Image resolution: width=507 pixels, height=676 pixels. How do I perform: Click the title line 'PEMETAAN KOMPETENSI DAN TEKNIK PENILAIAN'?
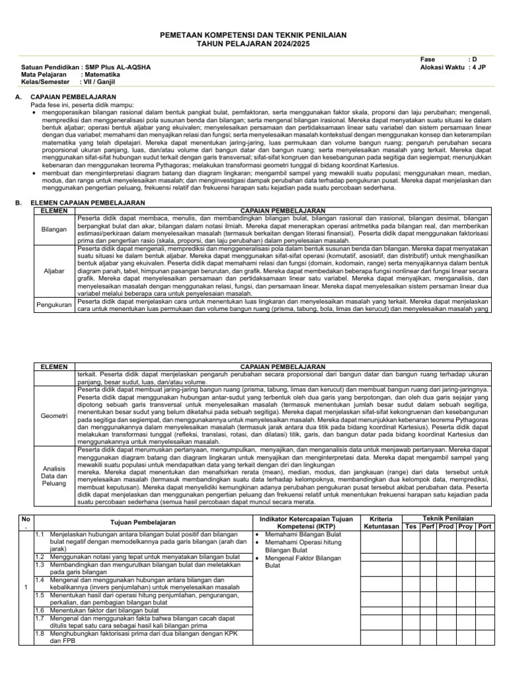pyautogui.click(x=253, y=34)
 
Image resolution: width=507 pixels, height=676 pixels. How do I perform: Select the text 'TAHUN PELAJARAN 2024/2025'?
pyautogui.click(x=253, y=43)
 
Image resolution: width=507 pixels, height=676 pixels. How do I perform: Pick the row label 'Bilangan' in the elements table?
pyautogui.click(x=55, y=229)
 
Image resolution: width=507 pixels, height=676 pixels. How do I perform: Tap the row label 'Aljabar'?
pyautogui.click(x=55, y=271)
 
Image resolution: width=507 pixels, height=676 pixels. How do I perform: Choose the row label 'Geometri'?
pyautogui.click(x=55, y=416)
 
